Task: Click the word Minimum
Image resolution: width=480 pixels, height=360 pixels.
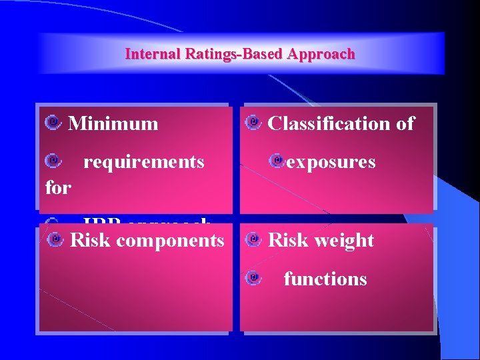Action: point(113,123)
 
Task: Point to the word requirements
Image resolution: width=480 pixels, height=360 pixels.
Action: point(143,161)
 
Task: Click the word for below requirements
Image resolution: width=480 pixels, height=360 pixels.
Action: point(57,187)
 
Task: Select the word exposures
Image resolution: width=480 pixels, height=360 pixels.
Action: point(331,161)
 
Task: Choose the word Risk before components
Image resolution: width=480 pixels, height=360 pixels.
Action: point(91,240)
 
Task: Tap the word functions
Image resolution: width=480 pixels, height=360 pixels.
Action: point(325,278)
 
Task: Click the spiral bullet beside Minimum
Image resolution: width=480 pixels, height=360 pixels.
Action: point(54,122)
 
